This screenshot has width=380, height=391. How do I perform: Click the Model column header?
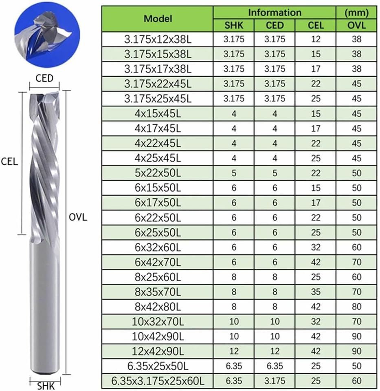click(x=158, y=18)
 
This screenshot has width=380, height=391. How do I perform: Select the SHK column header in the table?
click(x=234, y=25)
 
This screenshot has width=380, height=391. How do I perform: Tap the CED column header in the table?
click(x=275, y=25)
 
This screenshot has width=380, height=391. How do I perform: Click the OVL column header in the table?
click(x=356, y=25)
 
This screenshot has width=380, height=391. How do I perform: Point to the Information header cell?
click(x=275, y=12)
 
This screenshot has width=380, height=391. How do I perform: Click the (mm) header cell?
click(x=356, y=12)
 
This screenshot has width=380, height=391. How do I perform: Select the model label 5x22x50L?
click(x=158, y=173)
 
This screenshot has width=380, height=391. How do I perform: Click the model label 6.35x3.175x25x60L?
click(x=158, y=381)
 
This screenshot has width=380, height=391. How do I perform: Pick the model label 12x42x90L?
click(x=158, y=351)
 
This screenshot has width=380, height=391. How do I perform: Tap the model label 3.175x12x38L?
click(x=158, y=40)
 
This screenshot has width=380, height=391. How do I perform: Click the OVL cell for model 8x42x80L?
click(x=356, y=307)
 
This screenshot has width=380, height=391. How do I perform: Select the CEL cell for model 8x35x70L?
click(x=316, y=292)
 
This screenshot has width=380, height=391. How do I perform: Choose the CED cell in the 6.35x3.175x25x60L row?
click(x=275, y=381)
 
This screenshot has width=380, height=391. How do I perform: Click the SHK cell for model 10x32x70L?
click(x=234, y=322)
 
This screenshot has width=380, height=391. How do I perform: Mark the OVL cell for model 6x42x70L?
click(x=356, y=262)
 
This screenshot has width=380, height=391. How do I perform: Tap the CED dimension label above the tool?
click(x=44, y=77)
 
